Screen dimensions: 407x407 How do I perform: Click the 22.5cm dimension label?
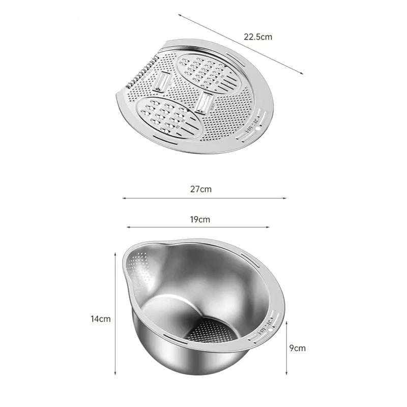click(x=258, y=37)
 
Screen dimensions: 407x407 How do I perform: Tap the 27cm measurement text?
click(x=201, y=189)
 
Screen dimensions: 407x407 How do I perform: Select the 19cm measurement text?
click(x=200, y=220)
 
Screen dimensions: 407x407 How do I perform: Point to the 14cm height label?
click(x=100, y=319)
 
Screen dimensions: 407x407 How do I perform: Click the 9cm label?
click(x=298, y=348)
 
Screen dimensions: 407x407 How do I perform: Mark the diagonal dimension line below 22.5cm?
click(x=241, y=44)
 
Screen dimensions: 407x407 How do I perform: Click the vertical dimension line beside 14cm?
click(x=115, y=314)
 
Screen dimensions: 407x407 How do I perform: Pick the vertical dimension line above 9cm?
click(x=286, y=348)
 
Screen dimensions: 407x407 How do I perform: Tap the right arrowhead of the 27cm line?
click(x=284, y=198)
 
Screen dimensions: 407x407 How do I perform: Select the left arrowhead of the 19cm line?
click(x=128, y=227)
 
